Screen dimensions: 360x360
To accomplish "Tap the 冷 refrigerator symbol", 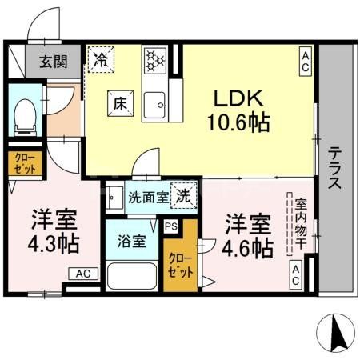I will click(101, 58).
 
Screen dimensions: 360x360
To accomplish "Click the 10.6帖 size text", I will click(237, 123).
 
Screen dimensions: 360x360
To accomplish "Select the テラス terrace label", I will click(334, 166).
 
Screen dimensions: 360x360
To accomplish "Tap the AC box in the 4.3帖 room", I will click(84, 274).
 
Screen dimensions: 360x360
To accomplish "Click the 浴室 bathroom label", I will click(132, 239).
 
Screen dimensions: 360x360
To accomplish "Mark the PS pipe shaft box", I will click(170, 226).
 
